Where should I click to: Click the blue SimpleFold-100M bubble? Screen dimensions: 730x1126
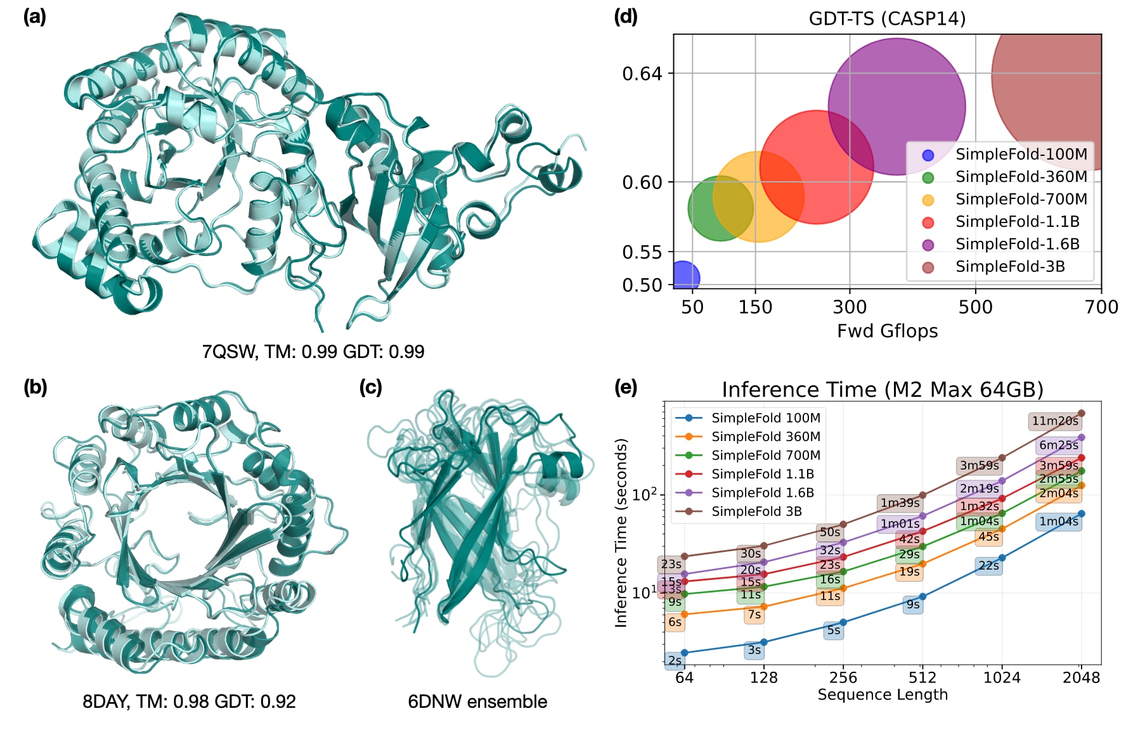coord(683,277)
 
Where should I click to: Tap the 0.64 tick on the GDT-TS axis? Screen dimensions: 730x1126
coord(642,74)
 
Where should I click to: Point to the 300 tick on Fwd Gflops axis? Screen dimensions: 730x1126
coord(850,307)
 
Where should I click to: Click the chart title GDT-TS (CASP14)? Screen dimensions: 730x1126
coord(887,18)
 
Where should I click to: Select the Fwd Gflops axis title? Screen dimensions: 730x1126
coord(887,331)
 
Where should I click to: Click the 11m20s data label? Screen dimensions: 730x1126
coord(1055,421)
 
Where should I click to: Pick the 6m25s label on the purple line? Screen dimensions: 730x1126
coord(1058,445)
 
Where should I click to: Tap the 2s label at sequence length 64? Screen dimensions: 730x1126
coord(675,660)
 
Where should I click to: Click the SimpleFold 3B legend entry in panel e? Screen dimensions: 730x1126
coord(756,511)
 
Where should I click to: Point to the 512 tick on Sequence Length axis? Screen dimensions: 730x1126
coord(922,677)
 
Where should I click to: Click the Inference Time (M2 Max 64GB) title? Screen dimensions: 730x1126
coord(883,389)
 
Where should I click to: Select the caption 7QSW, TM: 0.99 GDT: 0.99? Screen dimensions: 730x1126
coord(313,352)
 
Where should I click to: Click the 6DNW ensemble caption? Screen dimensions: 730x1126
coord(477,701)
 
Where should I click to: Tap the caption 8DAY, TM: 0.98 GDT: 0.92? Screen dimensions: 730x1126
coord(189,701)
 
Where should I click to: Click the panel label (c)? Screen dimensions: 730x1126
coord(370,387)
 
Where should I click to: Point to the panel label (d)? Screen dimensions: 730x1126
coord(626,16)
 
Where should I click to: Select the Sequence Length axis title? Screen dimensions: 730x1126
coord(883,695)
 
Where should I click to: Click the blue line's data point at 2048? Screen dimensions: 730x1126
coord(1082,514)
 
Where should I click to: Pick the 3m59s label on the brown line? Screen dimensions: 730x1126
coord(979,466)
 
